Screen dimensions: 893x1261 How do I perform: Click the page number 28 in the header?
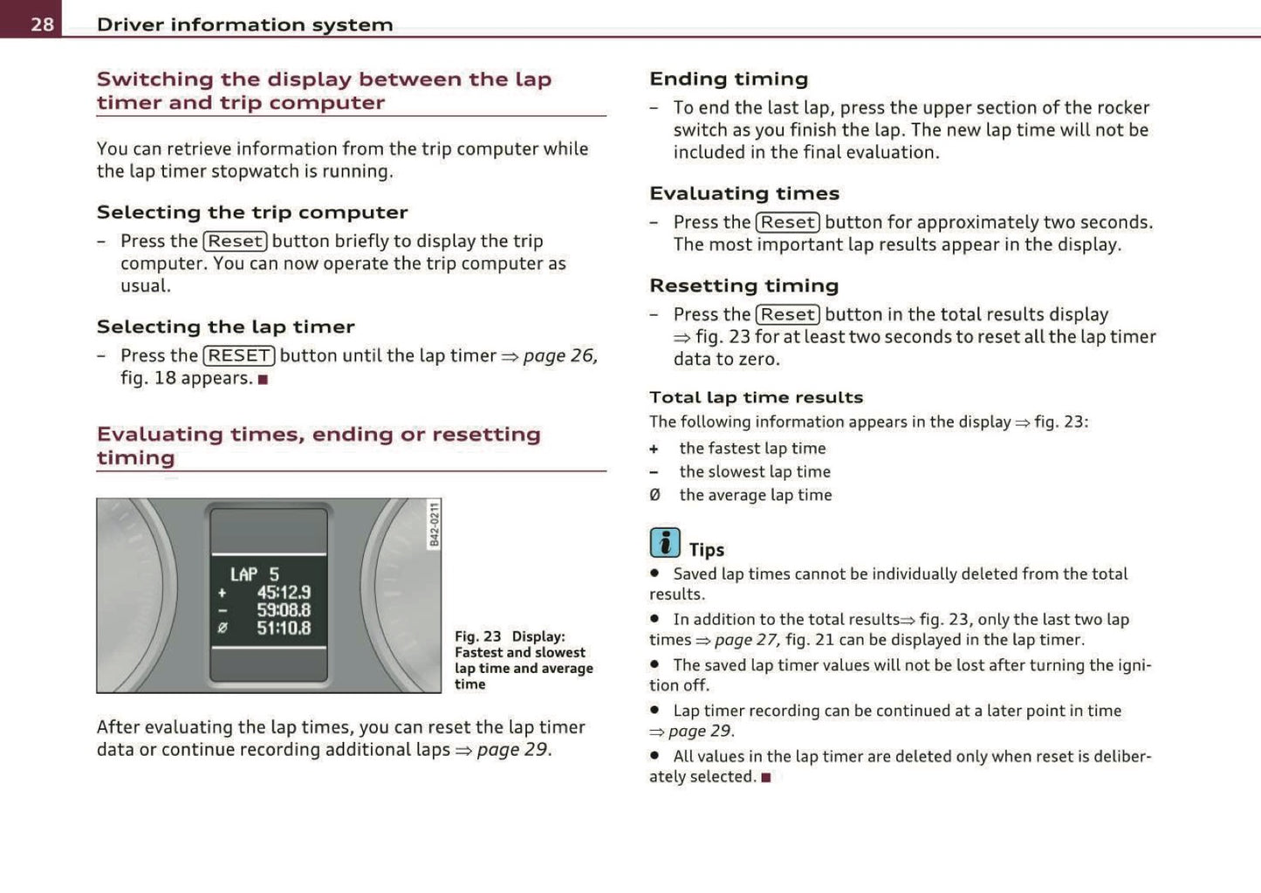(x=42, y=24)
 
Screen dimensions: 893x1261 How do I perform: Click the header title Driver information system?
(x=244, y=24)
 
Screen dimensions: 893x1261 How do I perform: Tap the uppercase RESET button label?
(x=239, y=355)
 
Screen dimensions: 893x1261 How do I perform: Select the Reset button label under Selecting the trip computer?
(x=235, y=241)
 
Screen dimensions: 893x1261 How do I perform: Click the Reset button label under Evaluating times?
(x=788, y=223)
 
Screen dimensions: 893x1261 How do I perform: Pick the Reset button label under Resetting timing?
(x=788, y=314)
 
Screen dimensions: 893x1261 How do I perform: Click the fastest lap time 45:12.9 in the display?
(x=283, y=593)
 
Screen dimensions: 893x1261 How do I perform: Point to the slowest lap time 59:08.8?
(x=283, y=610)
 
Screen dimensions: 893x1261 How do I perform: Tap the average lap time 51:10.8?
(x=283, y=628)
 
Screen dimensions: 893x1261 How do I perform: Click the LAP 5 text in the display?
(x=254, y=574)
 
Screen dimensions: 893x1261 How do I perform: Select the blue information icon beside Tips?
(x=664, y=543)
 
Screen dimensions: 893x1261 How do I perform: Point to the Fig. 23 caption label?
(x=477, y=636)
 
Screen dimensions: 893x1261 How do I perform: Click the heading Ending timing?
(x=729, y=79)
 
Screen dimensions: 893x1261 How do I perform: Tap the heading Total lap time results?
(x=756, y=397)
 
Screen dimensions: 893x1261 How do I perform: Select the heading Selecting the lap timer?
(x=225, y=326)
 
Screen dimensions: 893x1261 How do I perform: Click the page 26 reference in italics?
(x=559, y=355)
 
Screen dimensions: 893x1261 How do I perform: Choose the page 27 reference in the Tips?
(x=746, y=640)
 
